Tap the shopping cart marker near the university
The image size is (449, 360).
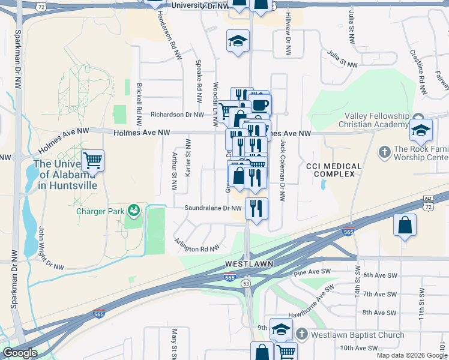pyautogui.click(x=92, y=161)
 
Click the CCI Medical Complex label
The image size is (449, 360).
pyautogui.click(x=334, y=170)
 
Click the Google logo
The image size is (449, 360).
pyautogui.click(x=20, y=353)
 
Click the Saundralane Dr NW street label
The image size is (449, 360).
pyautogui.click(x=213, y=209)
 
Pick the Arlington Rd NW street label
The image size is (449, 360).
pyautogui.click(x=195, y=245)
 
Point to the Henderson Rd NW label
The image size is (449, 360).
pyautogui.click(x=169, y=35)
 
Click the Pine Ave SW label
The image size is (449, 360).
pyautogui.click(x=309, y=273)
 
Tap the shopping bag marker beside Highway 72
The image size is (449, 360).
pyautogui.click(x=405, y=226)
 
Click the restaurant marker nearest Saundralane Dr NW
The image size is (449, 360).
pyautogui.click(x=256, y=209)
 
